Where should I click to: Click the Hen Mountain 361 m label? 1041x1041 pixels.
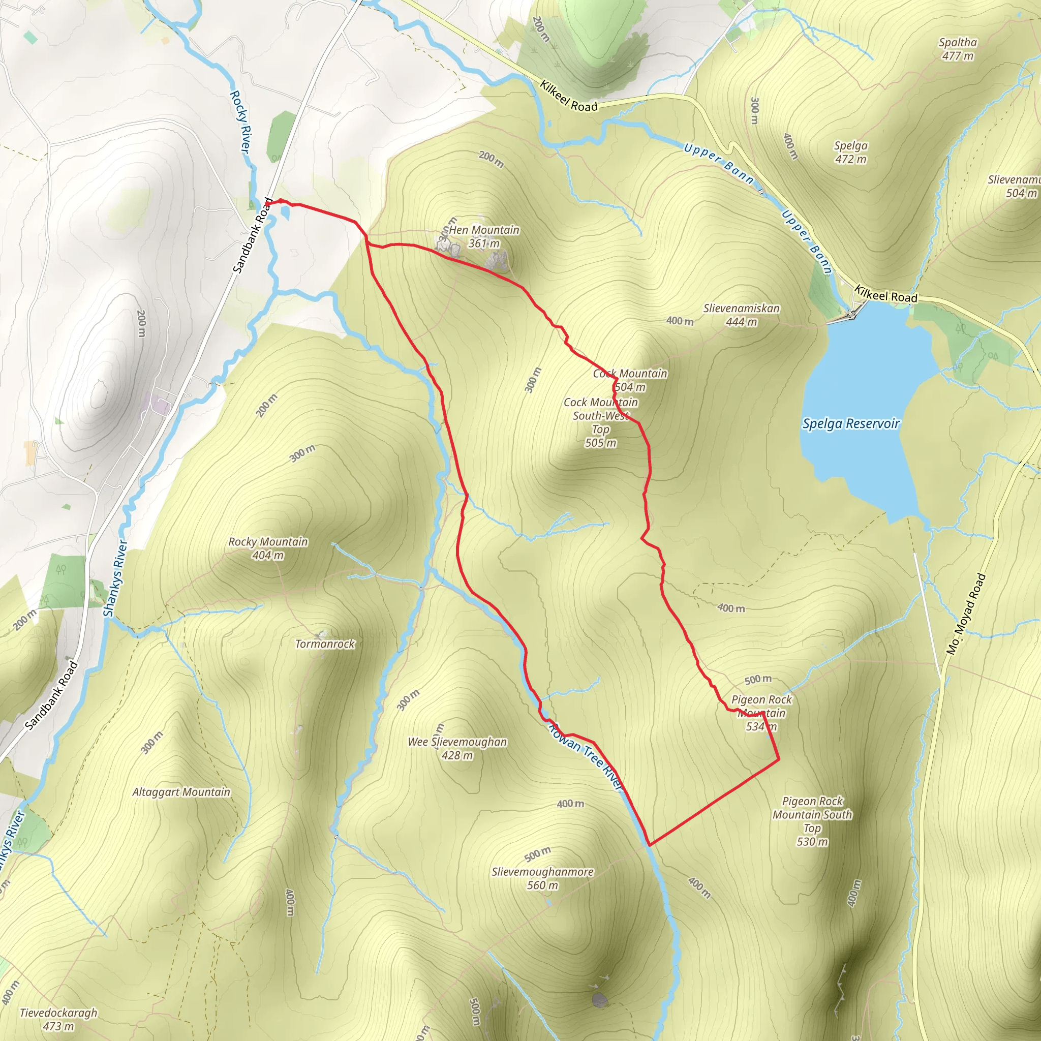(483, 236)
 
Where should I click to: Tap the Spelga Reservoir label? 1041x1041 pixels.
(851, 423)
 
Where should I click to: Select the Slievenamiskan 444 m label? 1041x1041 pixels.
(741, 315)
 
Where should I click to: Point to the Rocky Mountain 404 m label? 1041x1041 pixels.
(268, 548)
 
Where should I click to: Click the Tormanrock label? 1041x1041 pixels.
(325, 644)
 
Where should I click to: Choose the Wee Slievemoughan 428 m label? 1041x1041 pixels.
(457, 748)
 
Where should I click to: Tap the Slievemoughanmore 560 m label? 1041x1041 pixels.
(542, 878)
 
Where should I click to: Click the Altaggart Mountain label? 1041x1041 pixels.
(181, 792)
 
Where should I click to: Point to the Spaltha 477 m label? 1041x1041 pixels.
(958, 49)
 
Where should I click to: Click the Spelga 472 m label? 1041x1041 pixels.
(851, 152)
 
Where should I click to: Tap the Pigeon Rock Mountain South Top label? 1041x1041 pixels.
(812, 821)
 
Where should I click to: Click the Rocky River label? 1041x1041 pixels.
(240, 123)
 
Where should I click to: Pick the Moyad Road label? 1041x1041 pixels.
(966, 614)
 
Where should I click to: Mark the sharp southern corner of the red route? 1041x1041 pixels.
(650, 845)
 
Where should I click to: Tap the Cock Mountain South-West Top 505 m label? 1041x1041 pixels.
(600, 422)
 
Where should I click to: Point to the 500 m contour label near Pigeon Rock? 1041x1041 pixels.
(757, 680)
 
